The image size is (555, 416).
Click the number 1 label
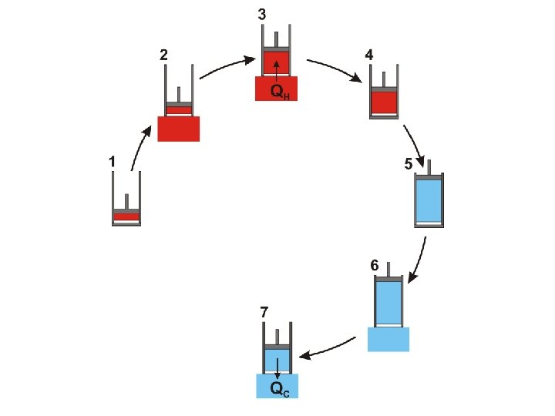[112, 162]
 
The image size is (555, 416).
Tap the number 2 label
[163, 55]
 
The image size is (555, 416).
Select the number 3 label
[262, 15]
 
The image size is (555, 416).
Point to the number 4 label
[370, 55]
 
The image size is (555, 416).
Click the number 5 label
[409, 164]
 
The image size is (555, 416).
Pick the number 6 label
[374, 265]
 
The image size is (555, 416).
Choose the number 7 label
[264, 312]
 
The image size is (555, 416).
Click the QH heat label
[280, 92]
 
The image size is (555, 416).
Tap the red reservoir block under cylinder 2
[179, 129]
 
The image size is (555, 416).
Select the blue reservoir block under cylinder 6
[388, 339]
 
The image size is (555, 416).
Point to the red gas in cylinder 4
[384, 102]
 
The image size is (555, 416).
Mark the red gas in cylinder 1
[126, 216]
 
